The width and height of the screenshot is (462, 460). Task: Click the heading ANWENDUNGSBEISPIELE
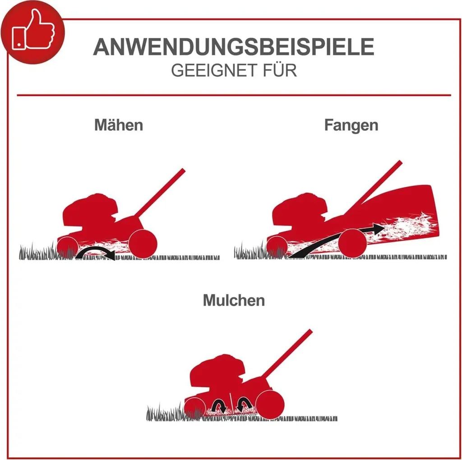(234, 47)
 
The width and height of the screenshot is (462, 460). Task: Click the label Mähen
(119, 125)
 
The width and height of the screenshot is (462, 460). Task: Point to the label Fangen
(351, 125)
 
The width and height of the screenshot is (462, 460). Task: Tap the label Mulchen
(234, 300)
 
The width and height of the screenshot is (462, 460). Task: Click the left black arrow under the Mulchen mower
(219, 405)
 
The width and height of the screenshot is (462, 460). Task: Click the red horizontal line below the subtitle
(234, 95)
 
